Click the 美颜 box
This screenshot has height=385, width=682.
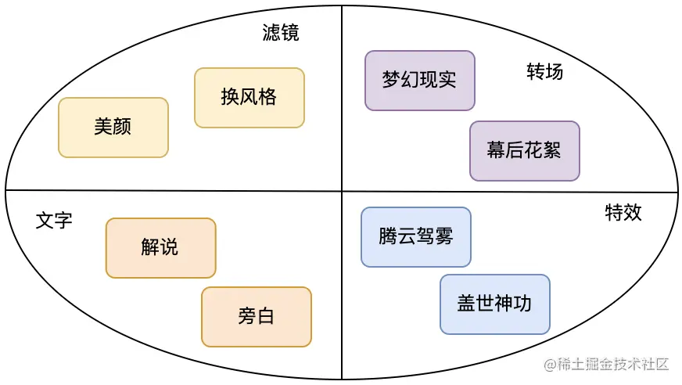pyautogui.click(x=113, y=127)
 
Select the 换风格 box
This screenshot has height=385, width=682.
pyautogui.click(x=249, y=97)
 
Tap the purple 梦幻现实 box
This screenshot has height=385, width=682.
pyautogui.click(x=419, y=80)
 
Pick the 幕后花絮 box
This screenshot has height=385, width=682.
pyautogui.click(x=524, y=150)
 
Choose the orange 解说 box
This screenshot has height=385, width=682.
pyautogui.click(x=160, y=247)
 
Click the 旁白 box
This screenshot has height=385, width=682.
pyautogui.click(x=256, y=316)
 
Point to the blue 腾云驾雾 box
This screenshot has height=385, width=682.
pyautogui.click(x=415, y=236)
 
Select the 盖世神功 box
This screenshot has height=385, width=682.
pyautogui.click(x=494, y=304)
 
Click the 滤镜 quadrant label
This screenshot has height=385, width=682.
pyautogui.click(x=281, y=33)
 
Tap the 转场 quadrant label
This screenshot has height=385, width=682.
pyautogui.click(x=544, y=72)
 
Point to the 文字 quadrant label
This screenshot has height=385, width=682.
pyautogui.click(x=54, y=221)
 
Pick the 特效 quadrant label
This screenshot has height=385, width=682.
pyautogui.click(x=623, y=212)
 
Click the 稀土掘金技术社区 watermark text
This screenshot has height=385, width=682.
pyautogui.click(x=612, y=365)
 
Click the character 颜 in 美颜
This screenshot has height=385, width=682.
pyautogui.click(x=123, y=127)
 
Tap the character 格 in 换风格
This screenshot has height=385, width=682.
pyautogui.click(x=267, y=97)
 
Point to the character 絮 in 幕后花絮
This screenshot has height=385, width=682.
pyautogui.click(x=552, y=150)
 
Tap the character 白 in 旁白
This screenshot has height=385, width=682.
pyautogui.click(x=265, y=316)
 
